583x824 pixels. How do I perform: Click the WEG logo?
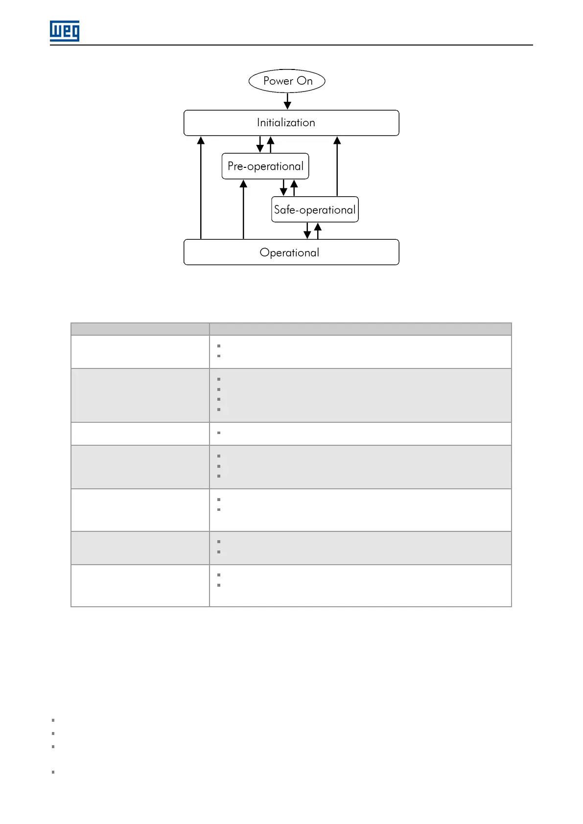[x=65, y=31]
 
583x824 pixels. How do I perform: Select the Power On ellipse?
[x=287, y=81]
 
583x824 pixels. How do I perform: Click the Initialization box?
[x=291, y=123]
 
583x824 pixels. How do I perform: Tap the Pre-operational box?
[x=265, y=166]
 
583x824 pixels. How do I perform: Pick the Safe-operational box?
[x=315, y=209]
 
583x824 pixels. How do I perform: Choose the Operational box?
[x=291, y=252]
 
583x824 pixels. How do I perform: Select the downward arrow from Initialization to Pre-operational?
[x=260, y=144]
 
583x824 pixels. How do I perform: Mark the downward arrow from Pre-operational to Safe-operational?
[x=283, y=188]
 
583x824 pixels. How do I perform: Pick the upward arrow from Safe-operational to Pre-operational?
[x=294, y=188]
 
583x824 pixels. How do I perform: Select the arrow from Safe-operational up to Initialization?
[x=337, y=166]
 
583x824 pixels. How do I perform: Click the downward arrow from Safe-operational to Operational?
[x=307, y=230]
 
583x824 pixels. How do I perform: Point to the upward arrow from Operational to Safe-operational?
[x=318, y=230]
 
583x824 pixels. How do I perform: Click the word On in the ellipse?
[x=305, y=81]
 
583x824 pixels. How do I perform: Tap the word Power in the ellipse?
[x=278, y=81]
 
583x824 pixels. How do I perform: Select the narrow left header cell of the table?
[x=140, y=329]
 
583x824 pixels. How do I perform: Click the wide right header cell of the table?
[x=360, y=329]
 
